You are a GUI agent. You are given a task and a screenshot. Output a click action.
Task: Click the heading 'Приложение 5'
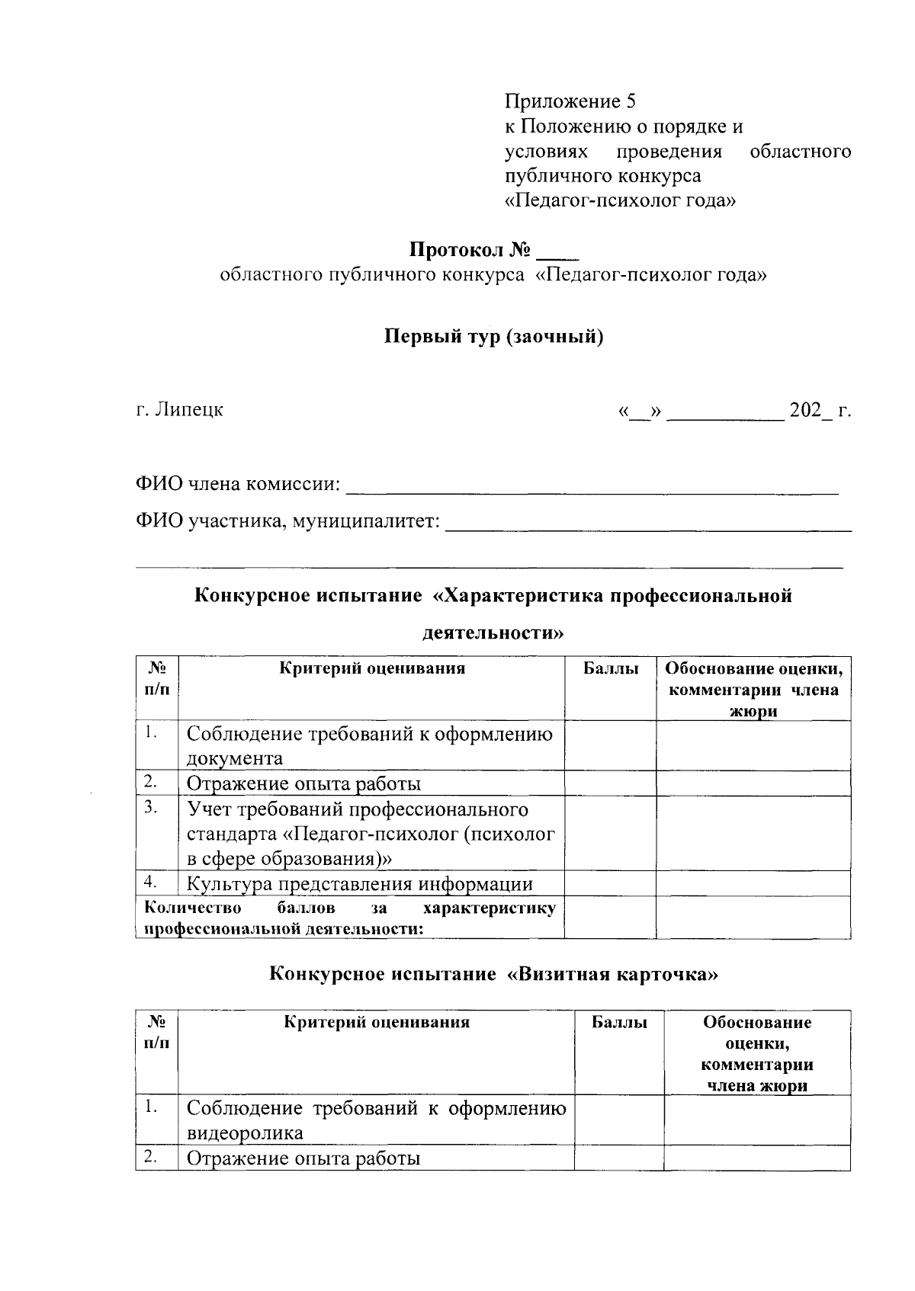tap(570, 101)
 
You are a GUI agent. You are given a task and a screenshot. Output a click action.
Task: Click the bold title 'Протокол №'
tap(470, 250)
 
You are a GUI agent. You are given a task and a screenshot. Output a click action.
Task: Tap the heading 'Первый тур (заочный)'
tap(493, 336)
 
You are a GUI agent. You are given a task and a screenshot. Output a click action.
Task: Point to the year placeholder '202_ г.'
tap(820, 411)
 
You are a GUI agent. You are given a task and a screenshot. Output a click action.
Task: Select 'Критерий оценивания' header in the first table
tap(372, 669)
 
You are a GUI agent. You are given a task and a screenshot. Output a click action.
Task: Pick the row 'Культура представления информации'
tap(360, 884)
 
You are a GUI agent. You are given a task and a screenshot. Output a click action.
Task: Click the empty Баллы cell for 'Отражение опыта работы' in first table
tap(610, 783)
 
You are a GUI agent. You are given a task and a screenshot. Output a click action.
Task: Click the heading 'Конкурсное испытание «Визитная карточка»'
tap(493, 974)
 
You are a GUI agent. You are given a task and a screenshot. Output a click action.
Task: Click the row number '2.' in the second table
tap(150, 1158)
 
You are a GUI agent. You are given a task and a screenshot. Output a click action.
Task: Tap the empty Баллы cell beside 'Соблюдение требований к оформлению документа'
tap(610, 745)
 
